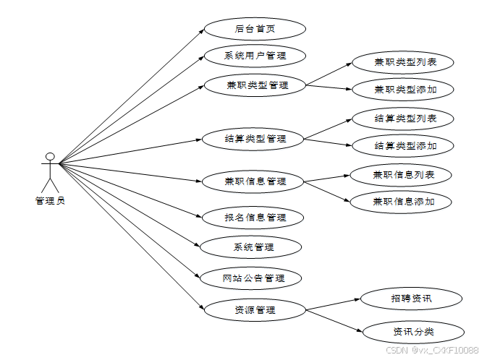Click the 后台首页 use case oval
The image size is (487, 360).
255,29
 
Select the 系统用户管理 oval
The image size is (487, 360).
255,56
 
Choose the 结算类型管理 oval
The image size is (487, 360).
255,138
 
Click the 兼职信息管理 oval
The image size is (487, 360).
255,181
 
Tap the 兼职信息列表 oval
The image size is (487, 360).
402,174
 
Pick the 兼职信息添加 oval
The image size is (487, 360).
402,202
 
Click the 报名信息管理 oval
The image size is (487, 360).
255,217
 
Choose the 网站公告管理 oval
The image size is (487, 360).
253,278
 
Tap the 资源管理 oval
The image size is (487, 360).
255,310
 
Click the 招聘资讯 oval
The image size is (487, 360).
410,297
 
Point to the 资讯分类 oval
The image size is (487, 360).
412,332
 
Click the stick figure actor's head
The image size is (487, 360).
49,156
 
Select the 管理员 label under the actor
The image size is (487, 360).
50,200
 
